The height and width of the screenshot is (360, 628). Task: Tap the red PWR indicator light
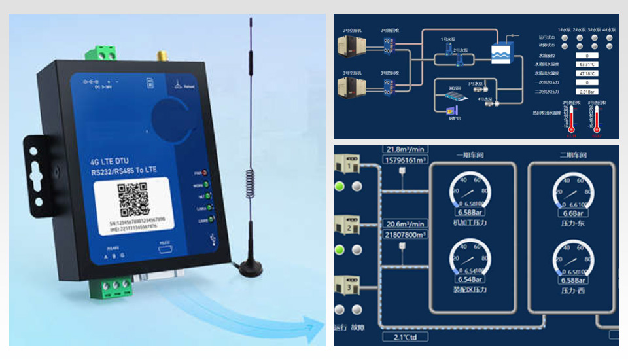click(x=205, y=173)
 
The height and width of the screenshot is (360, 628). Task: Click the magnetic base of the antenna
click(x=249, y=266)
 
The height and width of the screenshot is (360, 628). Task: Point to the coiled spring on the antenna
click(x=249, y=184)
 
